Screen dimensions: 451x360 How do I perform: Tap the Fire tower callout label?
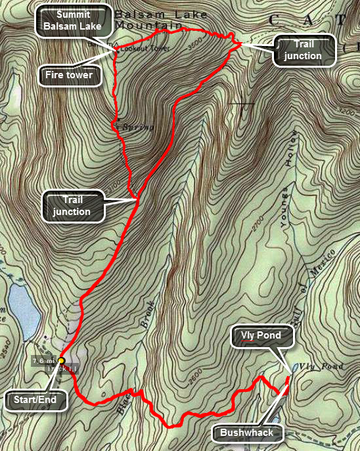tap(69, 75)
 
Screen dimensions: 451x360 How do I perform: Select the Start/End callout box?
tap(36, 398)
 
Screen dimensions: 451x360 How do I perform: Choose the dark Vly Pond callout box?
tap(260, 336)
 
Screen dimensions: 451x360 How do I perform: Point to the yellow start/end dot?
tap(61, 360)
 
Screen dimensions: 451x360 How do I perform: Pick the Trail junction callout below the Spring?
tap(72, 205)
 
